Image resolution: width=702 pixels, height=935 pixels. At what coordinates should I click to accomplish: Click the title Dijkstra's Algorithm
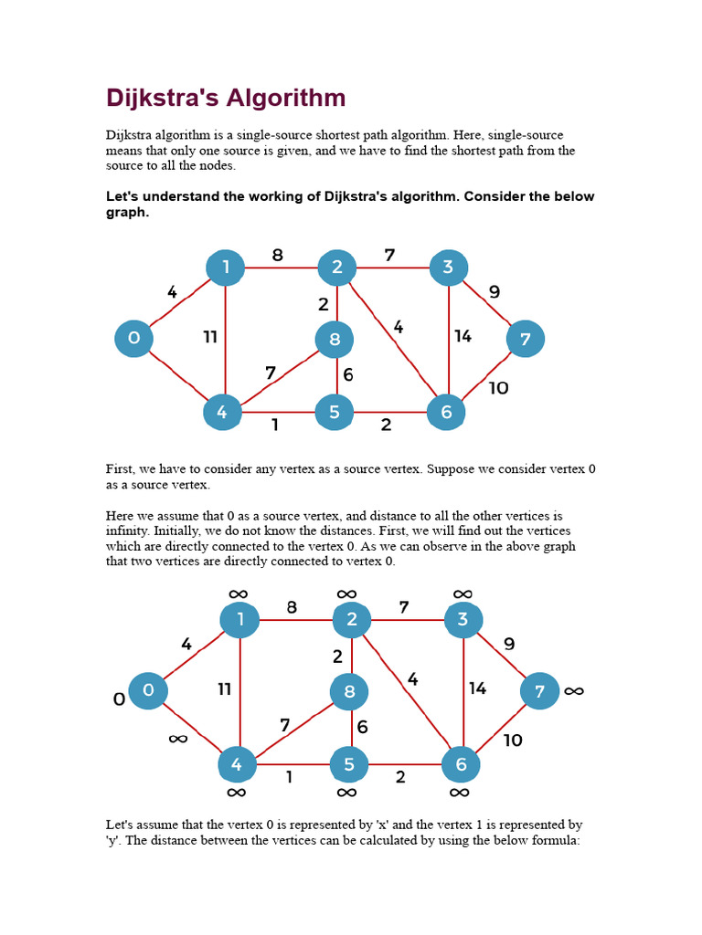(226, 99)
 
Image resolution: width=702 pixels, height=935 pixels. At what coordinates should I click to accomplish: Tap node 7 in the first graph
(525, 339)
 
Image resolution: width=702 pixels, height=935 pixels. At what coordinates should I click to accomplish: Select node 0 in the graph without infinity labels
(133, 339)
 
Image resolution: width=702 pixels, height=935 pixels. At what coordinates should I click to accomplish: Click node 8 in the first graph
(335, 340)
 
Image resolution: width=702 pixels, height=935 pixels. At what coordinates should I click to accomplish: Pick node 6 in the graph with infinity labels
(461, 763)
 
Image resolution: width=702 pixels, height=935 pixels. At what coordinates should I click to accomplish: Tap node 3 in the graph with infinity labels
(463, 620)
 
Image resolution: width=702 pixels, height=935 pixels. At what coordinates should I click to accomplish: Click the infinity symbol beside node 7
(573, 691)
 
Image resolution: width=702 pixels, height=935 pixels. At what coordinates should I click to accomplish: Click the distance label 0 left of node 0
(118, 700)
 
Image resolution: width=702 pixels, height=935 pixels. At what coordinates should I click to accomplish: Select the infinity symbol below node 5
(346, 793)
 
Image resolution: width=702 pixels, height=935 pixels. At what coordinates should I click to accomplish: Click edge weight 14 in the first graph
(463, 337)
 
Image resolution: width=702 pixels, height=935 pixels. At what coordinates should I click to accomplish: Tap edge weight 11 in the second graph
(224, 689)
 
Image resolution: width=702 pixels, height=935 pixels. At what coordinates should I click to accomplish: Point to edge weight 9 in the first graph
(495, 292)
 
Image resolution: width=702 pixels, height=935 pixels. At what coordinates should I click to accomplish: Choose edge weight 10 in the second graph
(513, 740)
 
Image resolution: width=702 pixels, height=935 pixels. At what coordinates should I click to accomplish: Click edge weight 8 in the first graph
(278, 256)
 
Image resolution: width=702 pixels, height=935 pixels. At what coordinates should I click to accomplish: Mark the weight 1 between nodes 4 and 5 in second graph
(290, 777)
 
